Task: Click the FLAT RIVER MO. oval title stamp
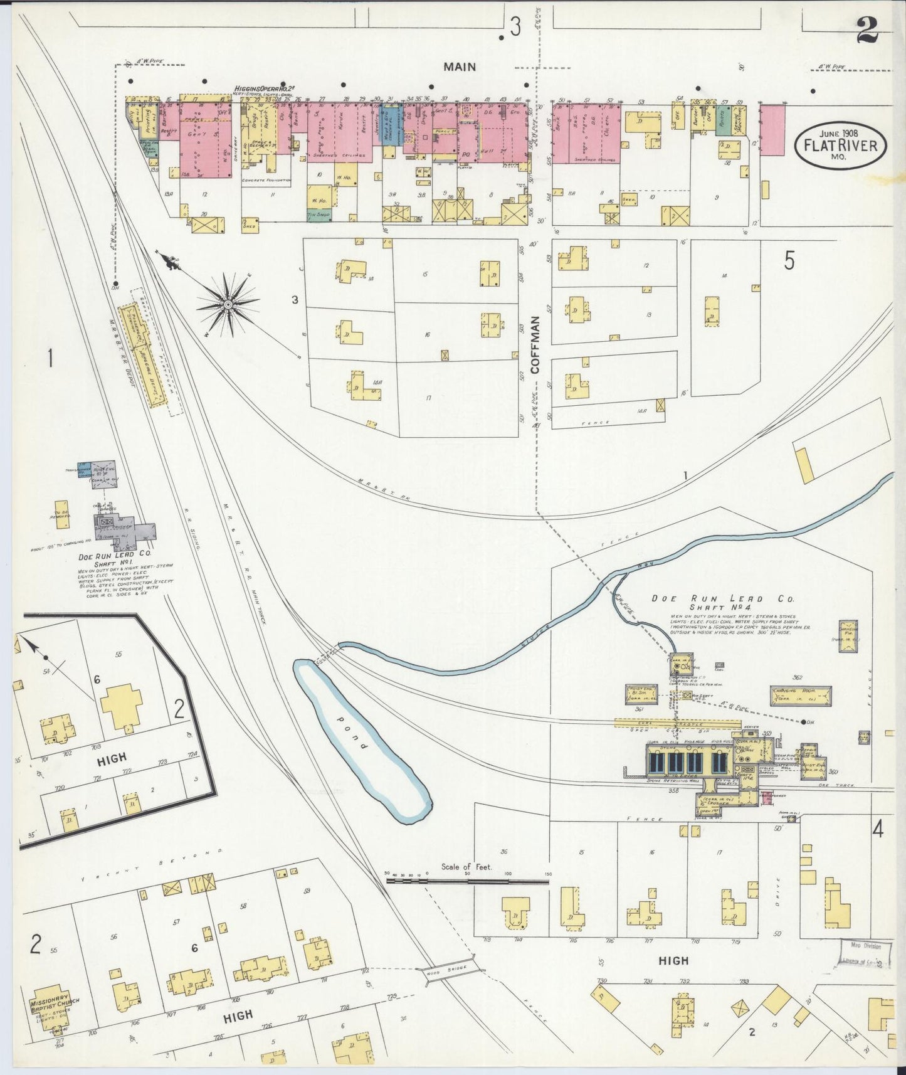point(840,144)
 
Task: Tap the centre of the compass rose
point(228,305)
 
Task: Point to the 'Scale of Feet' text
point(466,867)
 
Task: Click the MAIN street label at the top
point(460,66)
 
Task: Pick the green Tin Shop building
point(319,214)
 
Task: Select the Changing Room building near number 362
point(801,695)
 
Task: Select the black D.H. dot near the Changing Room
point(803,721)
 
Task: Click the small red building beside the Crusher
point(767,798)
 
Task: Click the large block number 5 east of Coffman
point(789,260)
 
